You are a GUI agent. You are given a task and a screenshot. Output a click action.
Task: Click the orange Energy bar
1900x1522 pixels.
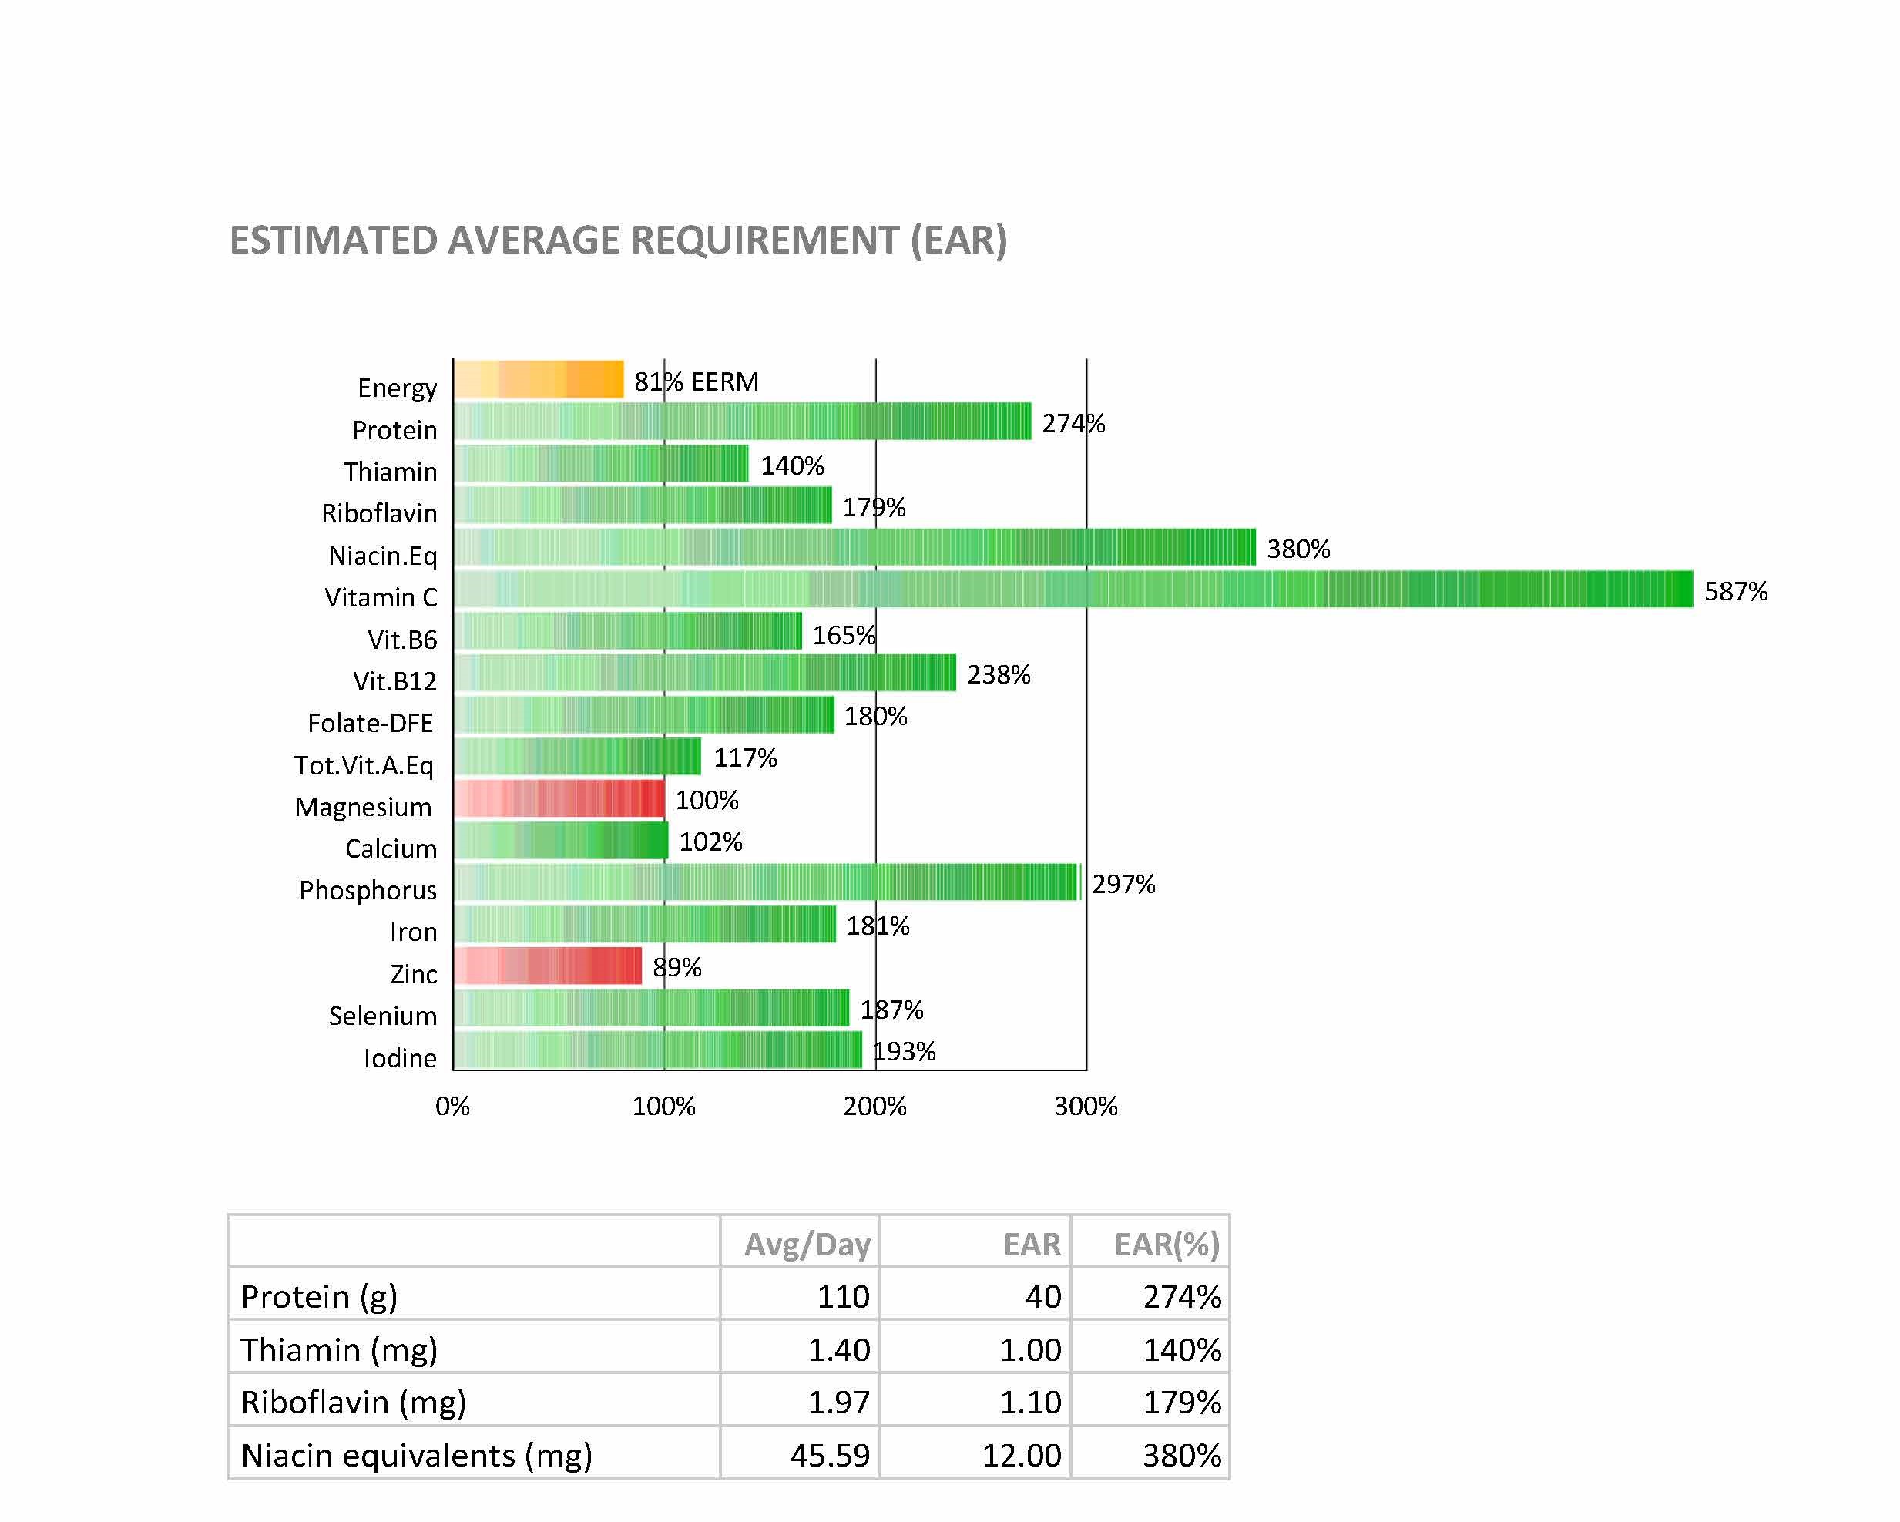point(539,380)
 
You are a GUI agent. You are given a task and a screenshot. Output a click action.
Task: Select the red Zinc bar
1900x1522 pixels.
point(548,966)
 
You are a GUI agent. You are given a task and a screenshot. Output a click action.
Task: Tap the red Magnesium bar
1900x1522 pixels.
point(559,798)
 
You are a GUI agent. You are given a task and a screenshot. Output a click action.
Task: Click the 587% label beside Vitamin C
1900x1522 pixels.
point(1735,591)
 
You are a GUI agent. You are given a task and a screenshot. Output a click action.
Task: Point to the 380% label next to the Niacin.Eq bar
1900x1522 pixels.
point(1298,549)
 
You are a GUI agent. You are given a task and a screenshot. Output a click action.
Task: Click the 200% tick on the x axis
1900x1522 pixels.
point(874,1106)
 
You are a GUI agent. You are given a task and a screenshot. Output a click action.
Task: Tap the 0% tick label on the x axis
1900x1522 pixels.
point(453,1106)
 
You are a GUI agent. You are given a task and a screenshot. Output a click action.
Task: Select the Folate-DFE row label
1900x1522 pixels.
point(370,723)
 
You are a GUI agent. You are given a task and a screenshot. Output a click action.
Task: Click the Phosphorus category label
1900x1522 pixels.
point(368,890)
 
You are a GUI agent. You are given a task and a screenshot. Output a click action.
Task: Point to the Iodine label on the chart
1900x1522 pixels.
point(400,1057)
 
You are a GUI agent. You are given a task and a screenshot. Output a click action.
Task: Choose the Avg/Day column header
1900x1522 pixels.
point(807,1244)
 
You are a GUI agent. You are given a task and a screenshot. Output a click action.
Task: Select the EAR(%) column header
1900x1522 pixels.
point(1166,1244)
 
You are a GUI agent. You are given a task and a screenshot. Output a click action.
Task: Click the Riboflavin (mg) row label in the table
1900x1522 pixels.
point(353,1402)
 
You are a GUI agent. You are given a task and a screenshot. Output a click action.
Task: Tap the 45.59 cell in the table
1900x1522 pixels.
point(829,1455)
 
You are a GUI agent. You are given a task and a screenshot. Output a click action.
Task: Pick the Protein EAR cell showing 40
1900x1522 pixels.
point(1042,1296)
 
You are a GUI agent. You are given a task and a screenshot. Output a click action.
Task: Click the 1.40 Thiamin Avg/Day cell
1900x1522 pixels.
point(838,1349)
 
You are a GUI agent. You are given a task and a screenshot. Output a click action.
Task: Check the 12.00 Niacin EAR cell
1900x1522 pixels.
point(1022,1455)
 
